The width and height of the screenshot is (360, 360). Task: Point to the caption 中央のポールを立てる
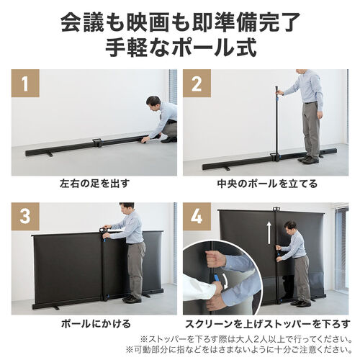point(266,184)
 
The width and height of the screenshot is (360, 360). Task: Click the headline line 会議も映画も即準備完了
point(179,22)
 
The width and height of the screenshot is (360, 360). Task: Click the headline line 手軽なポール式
point(179,51)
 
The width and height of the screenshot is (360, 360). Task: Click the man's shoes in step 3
point(132,298)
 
